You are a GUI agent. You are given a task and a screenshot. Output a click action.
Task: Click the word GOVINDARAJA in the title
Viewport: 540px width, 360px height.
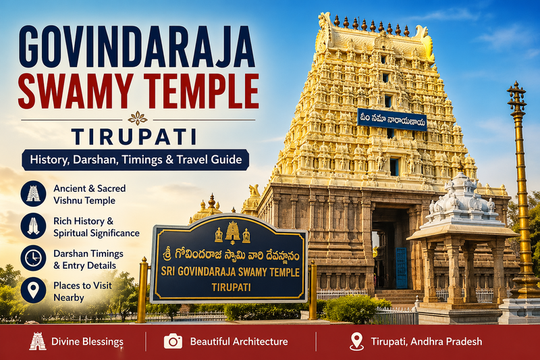point(137,46)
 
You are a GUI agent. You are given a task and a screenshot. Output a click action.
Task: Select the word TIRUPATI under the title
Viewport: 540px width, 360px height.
point(138,136)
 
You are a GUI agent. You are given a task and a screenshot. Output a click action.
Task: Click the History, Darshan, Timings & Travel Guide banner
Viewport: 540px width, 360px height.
point(136,160)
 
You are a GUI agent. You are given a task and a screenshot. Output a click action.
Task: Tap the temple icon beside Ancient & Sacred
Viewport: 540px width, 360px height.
point(33,194)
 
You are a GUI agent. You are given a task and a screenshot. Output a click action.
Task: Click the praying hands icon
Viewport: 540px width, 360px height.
point(33,226)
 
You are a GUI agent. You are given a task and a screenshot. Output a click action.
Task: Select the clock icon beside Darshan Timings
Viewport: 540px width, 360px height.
point(33,258)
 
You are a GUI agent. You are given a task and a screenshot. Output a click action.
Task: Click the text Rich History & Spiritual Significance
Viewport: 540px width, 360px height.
point(96,226)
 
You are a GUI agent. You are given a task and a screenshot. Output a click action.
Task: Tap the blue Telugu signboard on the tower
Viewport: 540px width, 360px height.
point(391,120)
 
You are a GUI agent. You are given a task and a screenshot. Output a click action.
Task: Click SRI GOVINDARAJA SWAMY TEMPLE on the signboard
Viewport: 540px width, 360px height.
point(228,270)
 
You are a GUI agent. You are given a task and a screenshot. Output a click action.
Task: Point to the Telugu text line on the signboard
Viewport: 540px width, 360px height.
point(228,253)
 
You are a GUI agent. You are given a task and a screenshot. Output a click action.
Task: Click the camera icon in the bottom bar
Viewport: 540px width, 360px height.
point(173,341)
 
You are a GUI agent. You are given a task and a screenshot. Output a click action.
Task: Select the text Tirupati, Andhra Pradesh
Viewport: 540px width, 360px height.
point(426,342)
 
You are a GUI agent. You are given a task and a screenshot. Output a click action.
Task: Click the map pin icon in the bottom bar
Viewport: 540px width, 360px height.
point(356,341)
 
